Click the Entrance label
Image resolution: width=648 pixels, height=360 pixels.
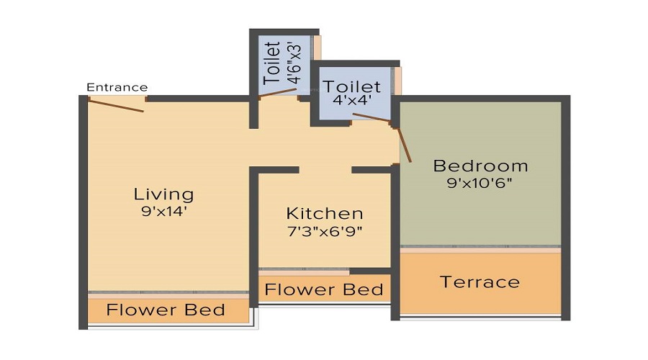coord(117,88)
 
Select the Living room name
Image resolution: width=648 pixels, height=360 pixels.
coord(163,194)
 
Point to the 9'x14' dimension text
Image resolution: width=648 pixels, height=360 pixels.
coord(163,212)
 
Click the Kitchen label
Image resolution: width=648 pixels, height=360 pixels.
coord(324,214)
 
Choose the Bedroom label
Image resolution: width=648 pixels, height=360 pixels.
coord(480,166)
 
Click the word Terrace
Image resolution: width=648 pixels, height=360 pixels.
coord(480,282)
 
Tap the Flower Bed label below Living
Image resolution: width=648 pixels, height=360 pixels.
coord(166,311)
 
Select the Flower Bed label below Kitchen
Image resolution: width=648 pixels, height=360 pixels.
coord(323,289)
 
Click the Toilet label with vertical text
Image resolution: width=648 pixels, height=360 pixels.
coord(272,65)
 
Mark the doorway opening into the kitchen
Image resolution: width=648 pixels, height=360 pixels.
coord(325,170)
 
